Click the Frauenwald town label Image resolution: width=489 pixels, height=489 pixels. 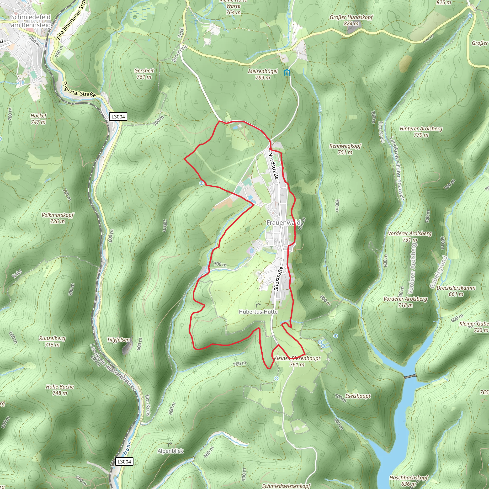coord(283,223)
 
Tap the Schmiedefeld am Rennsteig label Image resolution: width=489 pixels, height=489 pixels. coord(31,21)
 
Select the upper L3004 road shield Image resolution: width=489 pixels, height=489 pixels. coord(118,117)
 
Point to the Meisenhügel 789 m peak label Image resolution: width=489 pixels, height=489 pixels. coord(263,74)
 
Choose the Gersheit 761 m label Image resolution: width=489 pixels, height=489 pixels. coord(144,74)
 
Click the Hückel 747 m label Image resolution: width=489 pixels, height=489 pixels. coord(38,119)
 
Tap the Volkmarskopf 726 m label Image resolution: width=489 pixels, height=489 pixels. coord(58,218)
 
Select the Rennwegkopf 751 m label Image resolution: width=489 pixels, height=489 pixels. coord(345,149)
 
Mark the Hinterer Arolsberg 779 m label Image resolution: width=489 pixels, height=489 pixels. coord(421,132)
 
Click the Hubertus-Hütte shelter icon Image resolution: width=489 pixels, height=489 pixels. coord(258,305)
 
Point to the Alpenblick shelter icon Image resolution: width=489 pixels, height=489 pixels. coord(170,444)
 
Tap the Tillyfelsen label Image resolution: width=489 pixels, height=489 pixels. coord(118,340)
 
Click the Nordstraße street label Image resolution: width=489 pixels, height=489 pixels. coord(273,166)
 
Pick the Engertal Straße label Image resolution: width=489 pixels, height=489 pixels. coord(79,90)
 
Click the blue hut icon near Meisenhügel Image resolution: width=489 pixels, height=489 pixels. coord(287,73)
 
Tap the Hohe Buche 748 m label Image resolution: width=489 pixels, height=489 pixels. coord(60,390)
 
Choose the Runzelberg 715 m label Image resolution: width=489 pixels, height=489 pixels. coord(52,341)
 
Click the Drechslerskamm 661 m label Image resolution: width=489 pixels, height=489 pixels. coord(456,291)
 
